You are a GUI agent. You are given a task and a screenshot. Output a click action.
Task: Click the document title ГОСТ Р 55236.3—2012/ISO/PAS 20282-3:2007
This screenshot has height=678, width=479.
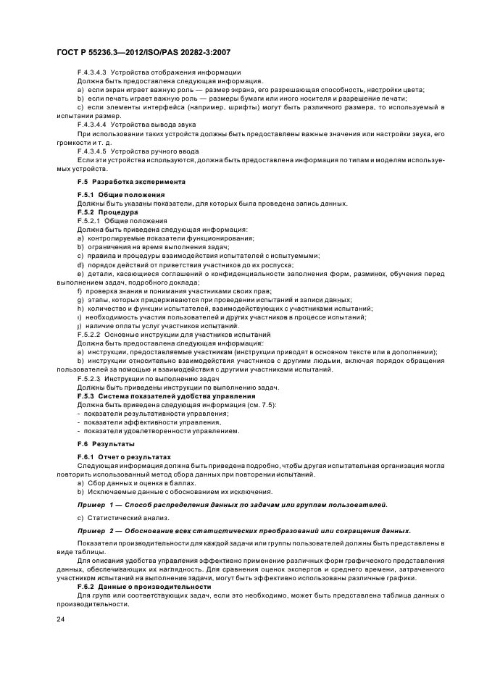click(x=144, y=52)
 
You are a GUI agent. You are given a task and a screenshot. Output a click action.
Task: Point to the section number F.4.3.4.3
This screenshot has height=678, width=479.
click(x=92, y=73)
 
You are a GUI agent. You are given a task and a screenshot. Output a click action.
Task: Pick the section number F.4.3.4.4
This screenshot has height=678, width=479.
click(x=92, y=125)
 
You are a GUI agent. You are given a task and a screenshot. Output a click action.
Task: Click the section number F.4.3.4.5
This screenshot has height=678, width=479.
click(x=92, y=151)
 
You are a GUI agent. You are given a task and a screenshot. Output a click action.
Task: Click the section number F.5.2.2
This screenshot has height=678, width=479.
click(x=89, y=334)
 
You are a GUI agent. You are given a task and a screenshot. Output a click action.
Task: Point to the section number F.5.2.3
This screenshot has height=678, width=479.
click(x=89, y=379)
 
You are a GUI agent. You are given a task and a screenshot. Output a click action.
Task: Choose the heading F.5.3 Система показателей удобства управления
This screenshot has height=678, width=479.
click(x=165, y=395)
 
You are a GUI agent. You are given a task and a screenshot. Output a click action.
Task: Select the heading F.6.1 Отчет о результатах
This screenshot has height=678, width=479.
click(x=123, y=457)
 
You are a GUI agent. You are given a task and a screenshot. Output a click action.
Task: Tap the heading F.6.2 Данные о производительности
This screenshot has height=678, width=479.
click(x=143, y=585)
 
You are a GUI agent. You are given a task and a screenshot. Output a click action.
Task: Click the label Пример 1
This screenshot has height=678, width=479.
click(x=97, y=503)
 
